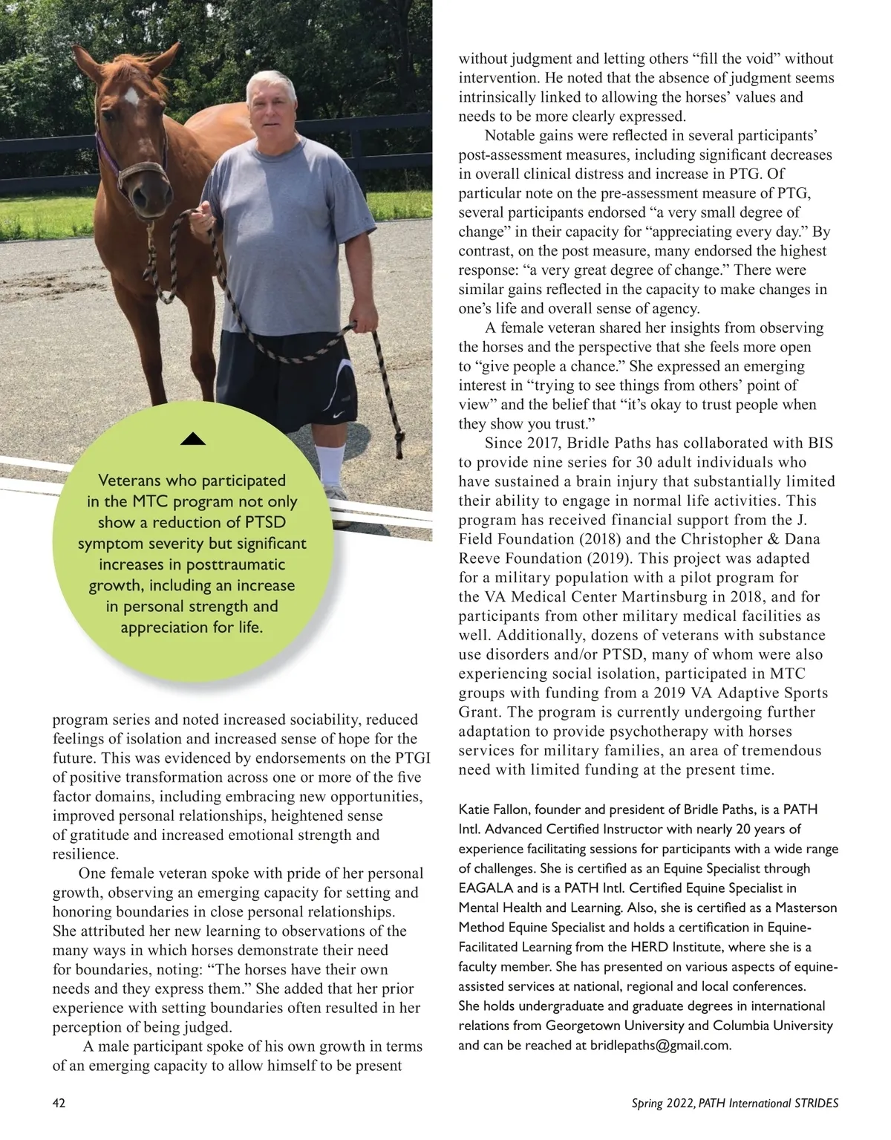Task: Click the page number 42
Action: pos(59,1103)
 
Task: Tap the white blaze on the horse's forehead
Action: pos(131,97)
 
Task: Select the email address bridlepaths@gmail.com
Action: pos(660,1045)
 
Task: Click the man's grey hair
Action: pos(273,80)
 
